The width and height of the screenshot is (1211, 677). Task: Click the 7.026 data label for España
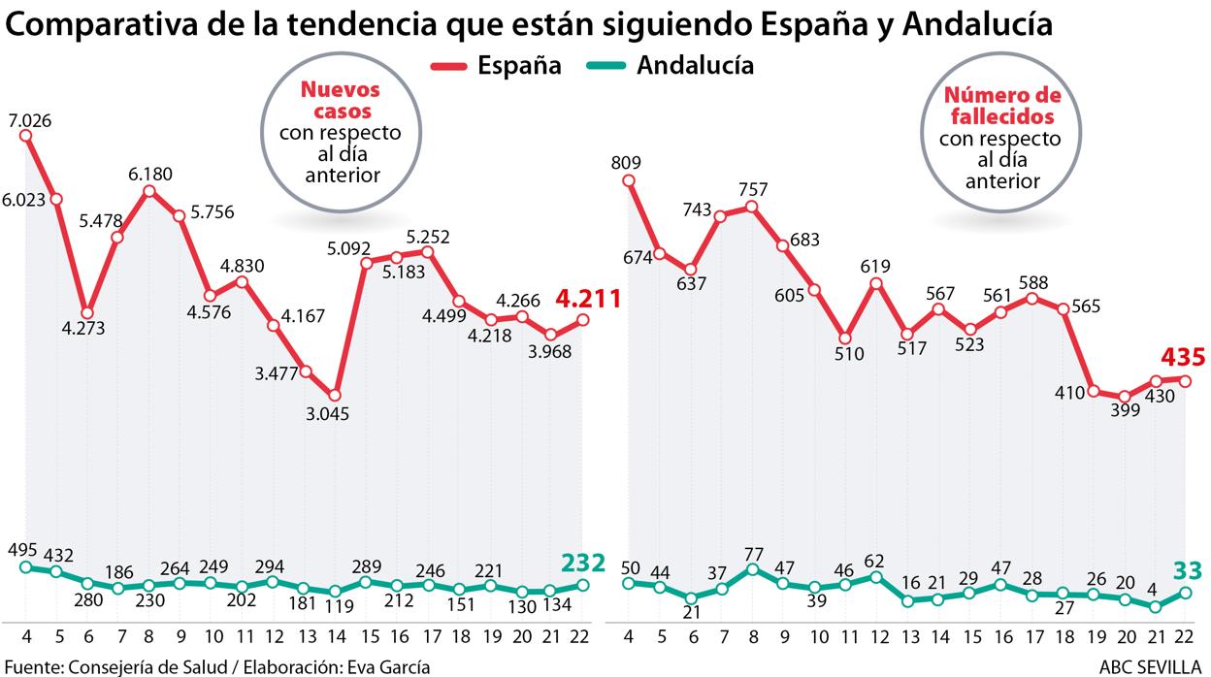pyautogui.click(x=29, y=120)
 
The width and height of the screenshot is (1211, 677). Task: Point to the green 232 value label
pyautogui.click(x=583, y=563)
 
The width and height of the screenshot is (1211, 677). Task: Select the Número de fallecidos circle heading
pyautogui.click(x=999, y=106)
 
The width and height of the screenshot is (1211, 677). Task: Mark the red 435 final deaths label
pyautogui.click(x=1183, y=358)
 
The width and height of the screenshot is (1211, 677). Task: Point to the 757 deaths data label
pyautogui.click(x=753, y=187)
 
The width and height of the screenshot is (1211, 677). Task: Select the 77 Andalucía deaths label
pyautogui.click(x=753, y=553)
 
